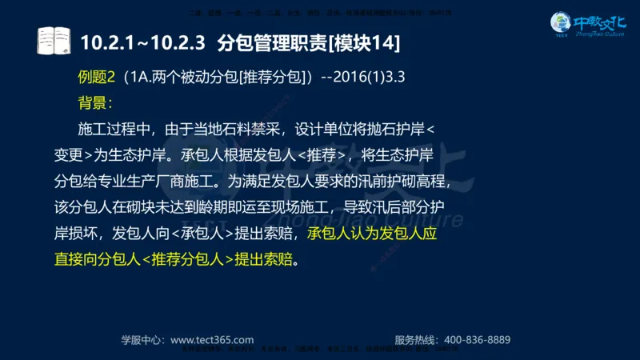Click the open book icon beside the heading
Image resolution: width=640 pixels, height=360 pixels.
(54, 40)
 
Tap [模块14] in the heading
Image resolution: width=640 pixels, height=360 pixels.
(362, 41)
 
